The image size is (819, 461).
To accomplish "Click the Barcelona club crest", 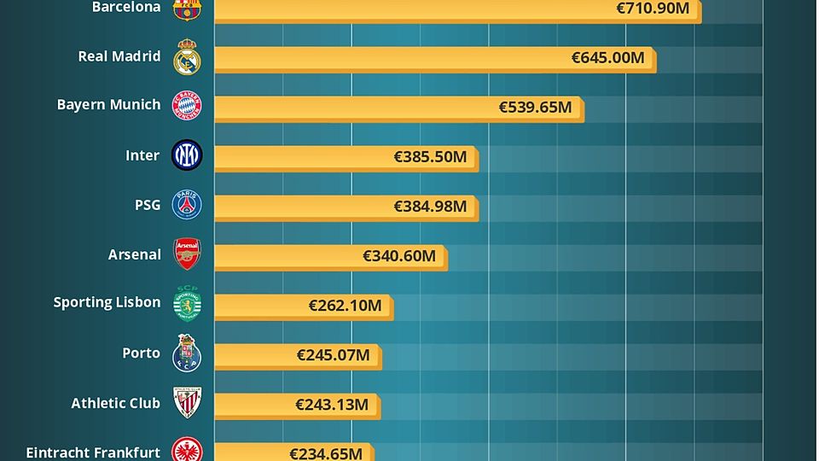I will [x=187, y=9].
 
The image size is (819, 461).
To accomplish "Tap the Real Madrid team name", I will [x=119, y=56].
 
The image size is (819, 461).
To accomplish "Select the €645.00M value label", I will [x=607, y=58].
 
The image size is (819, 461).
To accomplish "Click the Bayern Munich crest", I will [x=187, y=106].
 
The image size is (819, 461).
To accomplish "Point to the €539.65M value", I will [x=535, y=108].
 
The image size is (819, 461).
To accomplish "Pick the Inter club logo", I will [x=187, y=155].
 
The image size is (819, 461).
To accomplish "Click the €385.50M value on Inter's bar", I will [x=430, y=157].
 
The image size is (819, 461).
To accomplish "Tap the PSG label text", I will [x=147, y=205].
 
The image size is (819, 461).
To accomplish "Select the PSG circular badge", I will [x=187, y=205].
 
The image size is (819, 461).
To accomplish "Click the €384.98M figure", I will [x=430, y=207].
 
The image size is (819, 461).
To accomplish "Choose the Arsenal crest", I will [x=187, y=254].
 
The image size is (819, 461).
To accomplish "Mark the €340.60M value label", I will [x=399, y=256].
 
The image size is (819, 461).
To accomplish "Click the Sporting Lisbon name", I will [x=107, y=302].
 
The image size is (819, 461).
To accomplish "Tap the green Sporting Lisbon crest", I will [x=187, y=302].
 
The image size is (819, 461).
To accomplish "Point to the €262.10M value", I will [x=345, y=306].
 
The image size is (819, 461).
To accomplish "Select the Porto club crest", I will [x=187, y=353].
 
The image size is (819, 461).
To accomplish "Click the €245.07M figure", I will [x=333, y=355].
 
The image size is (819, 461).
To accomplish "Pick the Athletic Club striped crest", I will [x=187, y=402].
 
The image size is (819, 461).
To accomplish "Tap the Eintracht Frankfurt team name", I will [x=93, y=452].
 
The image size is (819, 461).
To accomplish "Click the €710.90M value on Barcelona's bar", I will [x=653, y=9].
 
